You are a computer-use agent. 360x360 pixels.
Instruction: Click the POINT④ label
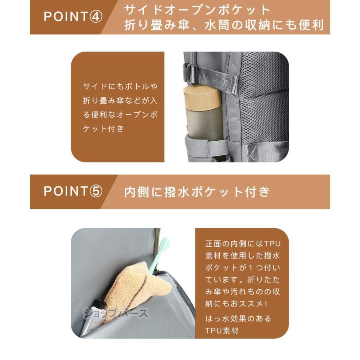coord(73,17)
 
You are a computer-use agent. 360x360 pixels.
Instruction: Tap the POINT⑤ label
coord(73,191)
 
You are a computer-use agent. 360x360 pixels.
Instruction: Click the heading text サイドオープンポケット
coord(198,10)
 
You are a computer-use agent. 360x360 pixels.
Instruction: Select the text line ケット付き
coord(103,128)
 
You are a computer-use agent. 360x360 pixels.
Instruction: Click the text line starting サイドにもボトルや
coord(120,86)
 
